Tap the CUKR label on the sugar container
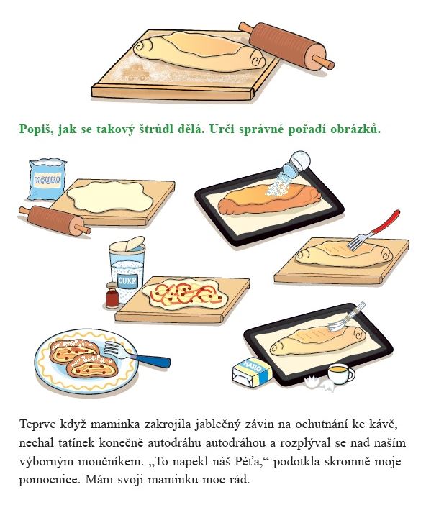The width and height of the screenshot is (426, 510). (x=127, y=281)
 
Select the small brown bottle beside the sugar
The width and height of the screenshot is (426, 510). (x=112, y=295)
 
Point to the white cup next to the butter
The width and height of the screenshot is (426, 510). (x=340, y=374)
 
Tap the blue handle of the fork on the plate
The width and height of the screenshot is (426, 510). (x=153, y=360)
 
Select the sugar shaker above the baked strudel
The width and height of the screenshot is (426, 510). (x=296, y=165)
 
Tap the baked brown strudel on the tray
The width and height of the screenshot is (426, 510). (x=269, y=199)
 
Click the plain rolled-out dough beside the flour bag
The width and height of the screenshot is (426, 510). (x=110, y=197)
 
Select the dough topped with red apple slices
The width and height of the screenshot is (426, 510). (x=184, y=293)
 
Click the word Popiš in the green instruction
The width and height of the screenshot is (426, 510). (x=37, y=129)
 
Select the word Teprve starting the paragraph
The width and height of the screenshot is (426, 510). (x=37, y=425)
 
